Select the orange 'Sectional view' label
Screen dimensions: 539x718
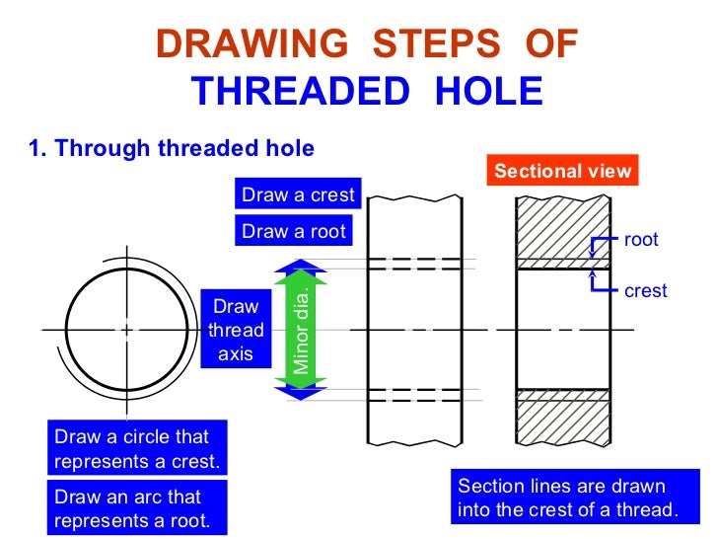click(x=562, y=171)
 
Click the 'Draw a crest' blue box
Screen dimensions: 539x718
click(x=298, y=194)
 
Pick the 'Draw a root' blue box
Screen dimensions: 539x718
click(x=294, y=231)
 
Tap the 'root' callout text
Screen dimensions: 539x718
click(x=641, y=240)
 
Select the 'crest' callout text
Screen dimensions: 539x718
click(x=645, y=291)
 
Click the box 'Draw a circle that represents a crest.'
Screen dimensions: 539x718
click(x=137, y=449)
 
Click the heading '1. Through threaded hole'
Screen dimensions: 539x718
click(x=172, y=149)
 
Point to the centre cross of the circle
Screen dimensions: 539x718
click(x=126, y=330)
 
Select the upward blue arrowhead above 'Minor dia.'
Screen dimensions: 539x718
click(x=306, y=265)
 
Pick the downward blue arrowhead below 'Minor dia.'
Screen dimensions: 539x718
click(x=306, y=393)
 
